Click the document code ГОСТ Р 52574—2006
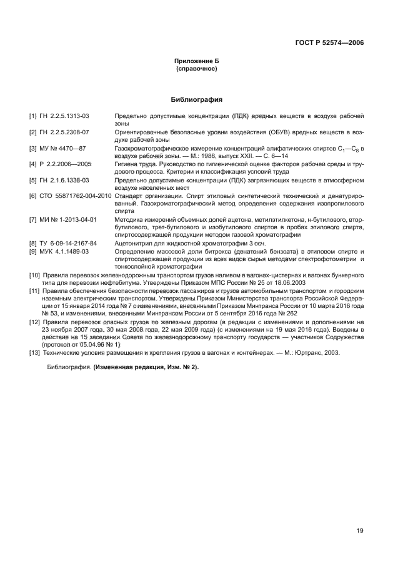[x=330, y=43]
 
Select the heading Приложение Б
[x=197, y=61]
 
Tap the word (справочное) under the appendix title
[x=197, y=69]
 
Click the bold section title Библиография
[x=197, y=99]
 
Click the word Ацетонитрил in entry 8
[x=133, y=243]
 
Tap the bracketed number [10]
[x=35, y=275]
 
